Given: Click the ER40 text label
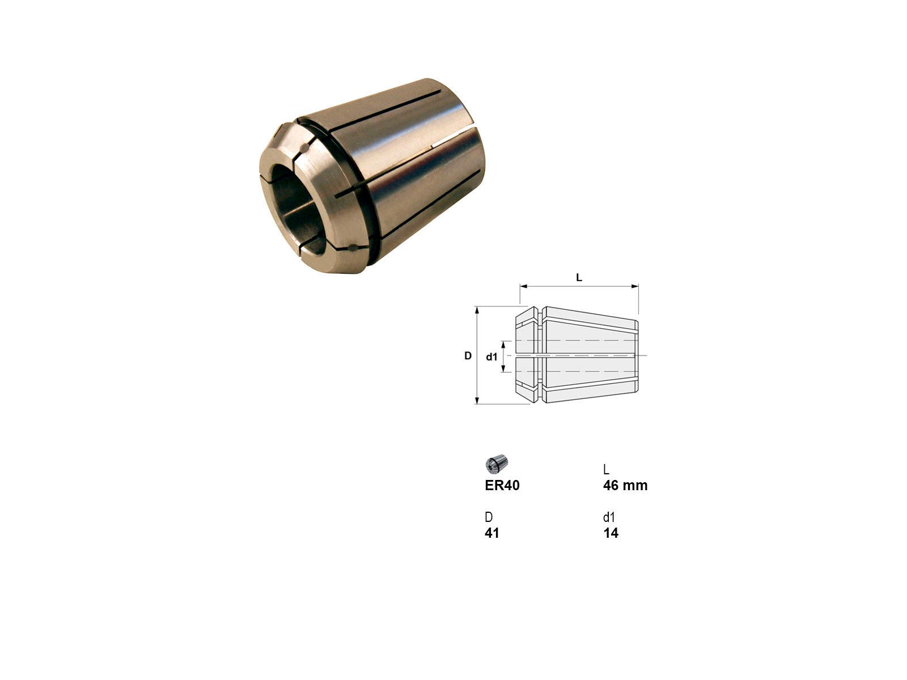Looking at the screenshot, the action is pyautogui.click(x=502, y=486).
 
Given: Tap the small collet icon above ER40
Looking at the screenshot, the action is pyautogui.click(x=496, y=464).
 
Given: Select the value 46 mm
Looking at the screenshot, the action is pyautogui.click(x=625, y=486).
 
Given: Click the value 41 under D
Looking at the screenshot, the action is pyautogui.click(x=491, y=533).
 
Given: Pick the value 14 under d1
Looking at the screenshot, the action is pyautogui.click(x=611, y=533).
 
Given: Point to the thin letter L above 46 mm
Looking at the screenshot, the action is pyautogui.click(x=606, y=469).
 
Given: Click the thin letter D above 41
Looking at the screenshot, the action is pyautogui.click(x=489, y=517).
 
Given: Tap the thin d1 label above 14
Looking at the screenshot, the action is pyautogui.click(x=609, y=517).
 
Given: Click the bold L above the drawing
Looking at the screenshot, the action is pyautogui.click(x=579, y=278).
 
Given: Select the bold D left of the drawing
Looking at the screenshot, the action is pyautogui.click(x=468, y=355).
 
